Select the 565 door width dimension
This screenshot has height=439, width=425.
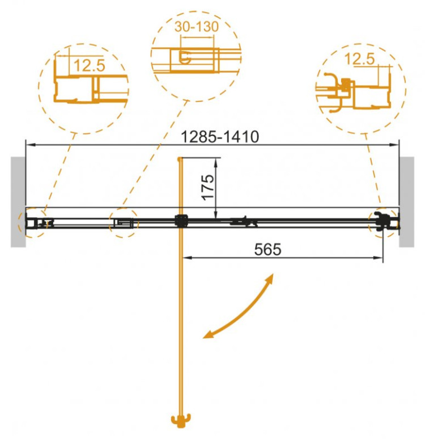click(267, 249)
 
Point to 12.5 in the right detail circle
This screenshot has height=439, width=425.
click(359, 58)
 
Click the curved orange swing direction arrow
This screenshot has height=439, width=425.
click(239, 309)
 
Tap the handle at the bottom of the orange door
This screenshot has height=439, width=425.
click(181, 421)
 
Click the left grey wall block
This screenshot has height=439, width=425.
click(18, 202)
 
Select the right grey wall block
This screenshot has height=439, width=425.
click(406, 202)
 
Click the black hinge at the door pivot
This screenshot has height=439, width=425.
click(181, 221)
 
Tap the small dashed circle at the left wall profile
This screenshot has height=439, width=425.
click(31, 222)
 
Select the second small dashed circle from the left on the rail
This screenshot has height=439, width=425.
click(123, 223)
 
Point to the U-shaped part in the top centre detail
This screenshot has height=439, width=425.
click(184, 57)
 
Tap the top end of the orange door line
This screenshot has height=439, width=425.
click(180, 159)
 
